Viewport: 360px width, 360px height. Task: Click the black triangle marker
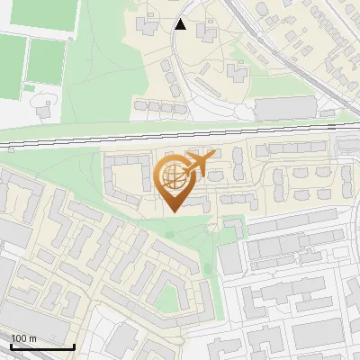click(181, 24)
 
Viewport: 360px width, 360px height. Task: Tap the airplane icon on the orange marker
click(200, 164)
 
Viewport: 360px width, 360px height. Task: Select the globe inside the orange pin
click(172, 178)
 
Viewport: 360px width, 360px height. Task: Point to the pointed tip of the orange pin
click(172, 212)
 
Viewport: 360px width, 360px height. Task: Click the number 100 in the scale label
click(20, 339)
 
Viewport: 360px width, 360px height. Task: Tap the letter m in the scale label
click(32, 339)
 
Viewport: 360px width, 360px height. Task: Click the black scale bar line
click(42, 346)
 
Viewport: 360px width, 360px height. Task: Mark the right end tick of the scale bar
click(74, 345)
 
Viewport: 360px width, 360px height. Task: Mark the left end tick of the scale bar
click(10, 345)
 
